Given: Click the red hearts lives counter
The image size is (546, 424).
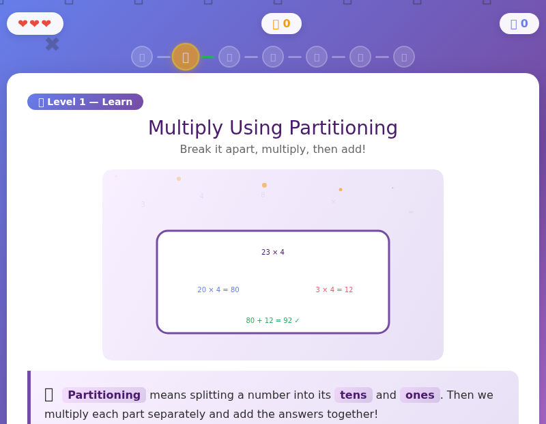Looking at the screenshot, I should click(x=35, y=24).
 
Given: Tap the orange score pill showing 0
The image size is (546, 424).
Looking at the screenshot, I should click(x=281, y=24).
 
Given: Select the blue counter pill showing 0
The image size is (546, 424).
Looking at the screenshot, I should click(x=519, y=24).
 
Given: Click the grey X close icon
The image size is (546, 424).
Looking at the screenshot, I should click(x=52, y=44).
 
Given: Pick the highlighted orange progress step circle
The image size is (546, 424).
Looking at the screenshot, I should click(x=186, y=57).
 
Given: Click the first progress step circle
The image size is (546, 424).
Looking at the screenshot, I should click(x=142, y=57).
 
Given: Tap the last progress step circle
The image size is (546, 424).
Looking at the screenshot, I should click(x=404, y=57).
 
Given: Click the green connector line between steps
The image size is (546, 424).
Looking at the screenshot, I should click(x=207, y=57).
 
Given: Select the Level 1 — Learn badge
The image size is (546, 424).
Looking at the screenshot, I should click(x=85, y=102).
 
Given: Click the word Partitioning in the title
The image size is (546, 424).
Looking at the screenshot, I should click(x=343, y=128).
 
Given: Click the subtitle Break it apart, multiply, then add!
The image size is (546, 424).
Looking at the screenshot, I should click(x=273, y=150).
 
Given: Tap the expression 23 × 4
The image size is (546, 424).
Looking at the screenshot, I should click(x=273, y=253).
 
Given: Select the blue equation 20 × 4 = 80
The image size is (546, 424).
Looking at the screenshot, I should click(x=218, y=290).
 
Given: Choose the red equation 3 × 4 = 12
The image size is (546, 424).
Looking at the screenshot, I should click(x=334, y=290).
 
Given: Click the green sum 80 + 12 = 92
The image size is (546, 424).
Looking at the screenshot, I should click(x=272, y=321).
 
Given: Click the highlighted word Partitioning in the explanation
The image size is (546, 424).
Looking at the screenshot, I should click(x=104, y=395).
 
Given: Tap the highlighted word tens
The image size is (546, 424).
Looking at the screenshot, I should click(x=354, y=395).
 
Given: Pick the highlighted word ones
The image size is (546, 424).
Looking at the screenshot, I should click(x=420, y=395).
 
